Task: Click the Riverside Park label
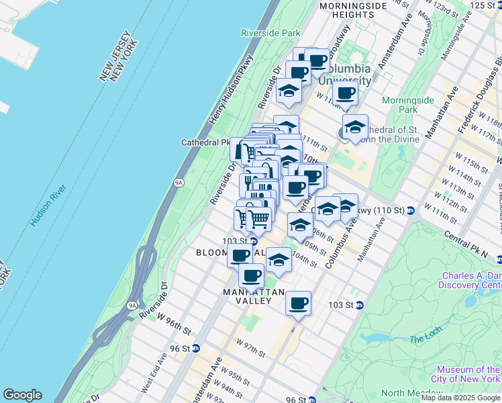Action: (x=270, y=32)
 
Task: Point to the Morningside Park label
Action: (x=408, y=105)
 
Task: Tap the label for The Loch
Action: (x=424, y=339)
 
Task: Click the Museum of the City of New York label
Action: (x=468, y=375)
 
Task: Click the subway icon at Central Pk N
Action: (x=499, y=259)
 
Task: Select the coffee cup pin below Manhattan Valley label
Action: (x=298, y=303)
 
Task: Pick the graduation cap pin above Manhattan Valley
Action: (x=279, y=259)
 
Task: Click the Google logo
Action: (x=22, y=395)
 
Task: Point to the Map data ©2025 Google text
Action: (x=460, y=398)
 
